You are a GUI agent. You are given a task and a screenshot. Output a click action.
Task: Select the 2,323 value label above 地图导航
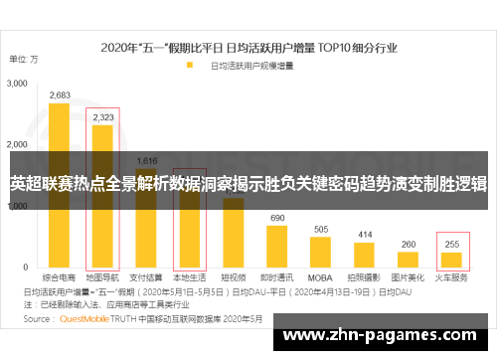102,117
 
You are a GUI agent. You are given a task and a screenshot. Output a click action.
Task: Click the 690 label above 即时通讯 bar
277,217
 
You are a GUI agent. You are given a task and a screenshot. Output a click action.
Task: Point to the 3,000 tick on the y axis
18,86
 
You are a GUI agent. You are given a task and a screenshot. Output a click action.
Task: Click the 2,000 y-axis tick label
18,146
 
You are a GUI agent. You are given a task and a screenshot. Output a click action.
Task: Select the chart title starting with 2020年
248,47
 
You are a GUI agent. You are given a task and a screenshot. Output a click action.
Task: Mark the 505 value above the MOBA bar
321,229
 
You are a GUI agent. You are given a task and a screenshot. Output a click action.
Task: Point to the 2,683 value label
60,95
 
